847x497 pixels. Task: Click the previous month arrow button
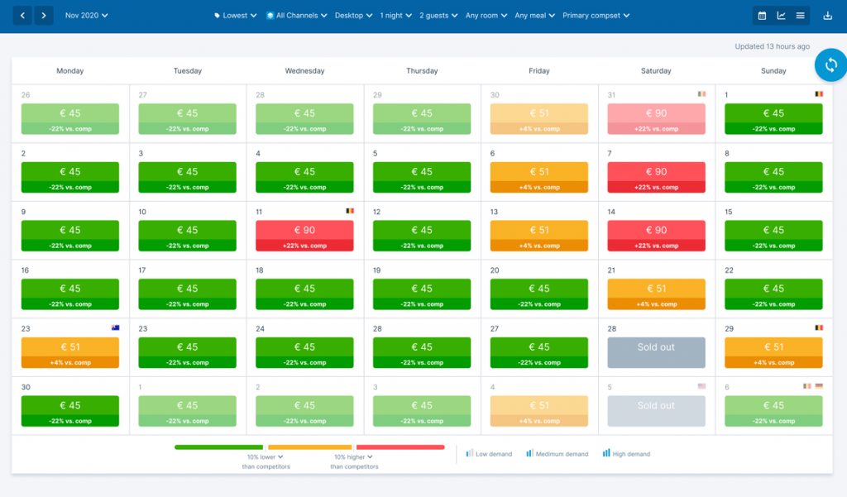tap(23, 15)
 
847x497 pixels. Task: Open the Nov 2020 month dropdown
tap(86, 15)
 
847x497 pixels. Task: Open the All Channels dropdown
tap(296, 15)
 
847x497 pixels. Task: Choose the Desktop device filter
tap(353, 15)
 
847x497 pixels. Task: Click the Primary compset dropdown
tap(596, 15)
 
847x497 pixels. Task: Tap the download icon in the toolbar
tap(828, 15)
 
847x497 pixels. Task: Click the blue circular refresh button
tap(831, 65)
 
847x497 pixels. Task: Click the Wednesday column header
tap(304, 71)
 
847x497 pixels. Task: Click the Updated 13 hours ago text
tap(772, 46)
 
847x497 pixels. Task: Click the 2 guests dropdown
tap(438, 15)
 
